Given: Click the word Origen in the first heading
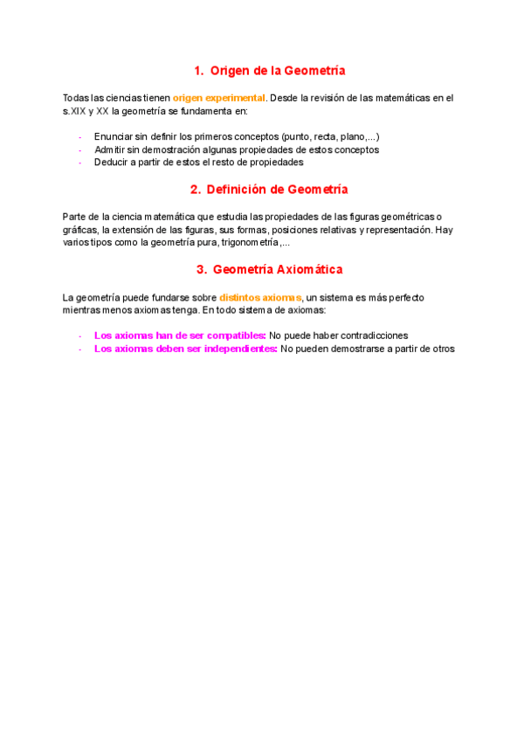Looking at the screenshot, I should coord(231,71).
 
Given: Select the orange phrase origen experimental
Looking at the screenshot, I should coord(218,99).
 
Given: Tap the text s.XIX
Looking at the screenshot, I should coord(74,111).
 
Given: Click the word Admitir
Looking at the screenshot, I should coord(110,149).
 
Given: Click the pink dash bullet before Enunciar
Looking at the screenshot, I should coord(79,137).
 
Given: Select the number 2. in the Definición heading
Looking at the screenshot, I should coord(196,190).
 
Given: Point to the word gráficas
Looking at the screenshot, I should coord(78,229).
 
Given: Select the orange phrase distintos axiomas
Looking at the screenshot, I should coord(260,298).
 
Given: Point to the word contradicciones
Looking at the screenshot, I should coord(370,336).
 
